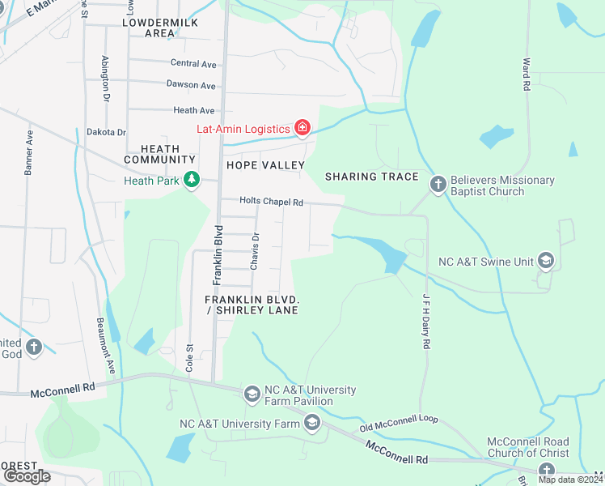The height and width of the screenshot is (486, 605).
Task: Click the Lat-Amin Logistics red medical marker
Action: [302, 128]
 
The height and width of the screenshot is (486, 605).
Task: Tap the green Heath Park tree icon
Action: [192, 179]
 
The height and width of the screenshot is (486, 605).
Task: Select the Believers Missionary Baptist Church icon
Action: [438, 185]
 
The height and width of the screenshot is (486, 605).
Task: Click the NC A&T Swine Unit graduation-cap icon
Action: [546, 260]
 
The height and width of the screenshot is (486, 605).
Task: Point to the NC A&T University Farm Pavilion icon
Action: [252, 394]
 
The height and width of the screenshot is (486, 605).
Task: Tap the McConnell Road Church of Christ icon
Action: [546, 471]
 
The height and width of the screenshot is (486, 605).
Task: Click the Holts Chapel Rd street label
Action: [271, 202]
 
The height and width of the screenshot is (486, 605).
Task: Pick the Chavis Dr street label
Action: [255, 248]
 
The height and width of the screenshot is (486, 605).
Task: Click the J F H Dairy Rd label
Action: [424, 322]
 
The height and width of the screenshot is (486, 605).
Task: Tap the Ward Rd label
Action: [527, 73]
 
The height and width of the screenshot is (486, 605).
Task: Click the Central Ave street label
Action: [193, 63]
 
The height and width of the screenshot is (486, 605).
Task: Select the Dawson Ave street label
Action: [191, 85]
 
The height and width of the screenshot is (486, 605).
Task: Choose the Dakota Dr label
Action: [107, 132]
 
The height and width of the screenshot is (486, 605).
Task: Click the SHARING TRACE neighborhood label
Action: [371, 177]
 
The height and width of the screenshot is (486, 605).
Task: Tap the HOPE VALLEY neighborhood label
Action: [265, 165]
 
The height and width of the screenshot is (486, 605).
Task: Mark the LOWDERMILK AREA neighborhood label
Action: [160, 28]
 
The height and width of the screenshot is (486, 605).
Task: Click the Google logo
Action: [27, 475]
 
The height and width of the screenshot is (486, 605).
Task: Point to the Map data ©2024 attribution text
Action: [570, 480]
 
